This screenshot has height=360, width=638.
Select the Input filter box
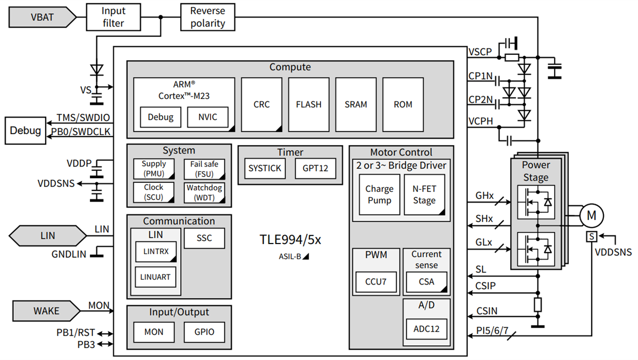tap(113, 16)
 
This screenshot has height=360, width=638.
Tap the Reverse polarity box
tap(207, 16)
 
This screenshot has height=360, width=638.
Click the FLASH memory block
tap(308, 105)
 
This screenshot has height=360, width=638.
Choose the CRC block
tap(262, 105)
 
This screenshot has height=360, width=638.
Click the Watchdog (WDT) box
tap(204, 192)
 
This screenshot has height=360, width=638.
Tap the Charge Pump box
tap(379, 195)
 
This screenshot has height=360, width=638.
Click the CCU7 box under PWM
tap(376, 281)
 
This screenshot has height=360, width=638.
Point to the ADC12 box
tap(426, 328)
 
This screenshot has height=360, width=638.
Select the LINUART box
tap(156, 277)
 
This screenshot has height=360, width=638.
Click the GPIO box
tap(204, 332)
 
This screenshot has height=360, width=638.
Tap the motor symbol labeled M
tap(591, 215)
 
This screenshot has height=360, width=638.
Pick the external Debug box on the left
tap(26, 131)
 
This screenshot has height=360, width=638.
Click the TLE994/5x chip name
tap(290, 239)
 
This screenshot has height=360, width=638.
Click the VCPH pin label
tap(481, 121)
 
